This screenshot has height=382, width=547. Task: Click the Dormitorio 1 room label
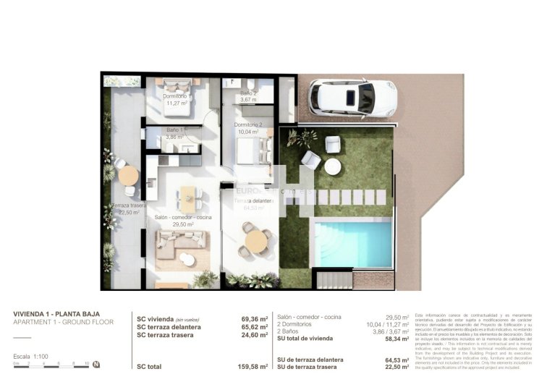coord(175,100)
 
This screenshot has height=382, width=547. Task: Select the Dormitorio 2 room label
coord(248,128)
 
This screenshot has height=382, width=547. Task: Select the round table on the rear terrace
coord(128,176)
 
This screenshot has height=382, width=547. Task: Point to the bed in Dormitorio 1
coord(177,86)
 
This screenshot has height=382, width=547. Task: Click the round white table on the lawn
coord(332,167)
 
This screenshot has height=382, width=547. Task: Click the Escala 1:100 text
coord(32,357)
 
